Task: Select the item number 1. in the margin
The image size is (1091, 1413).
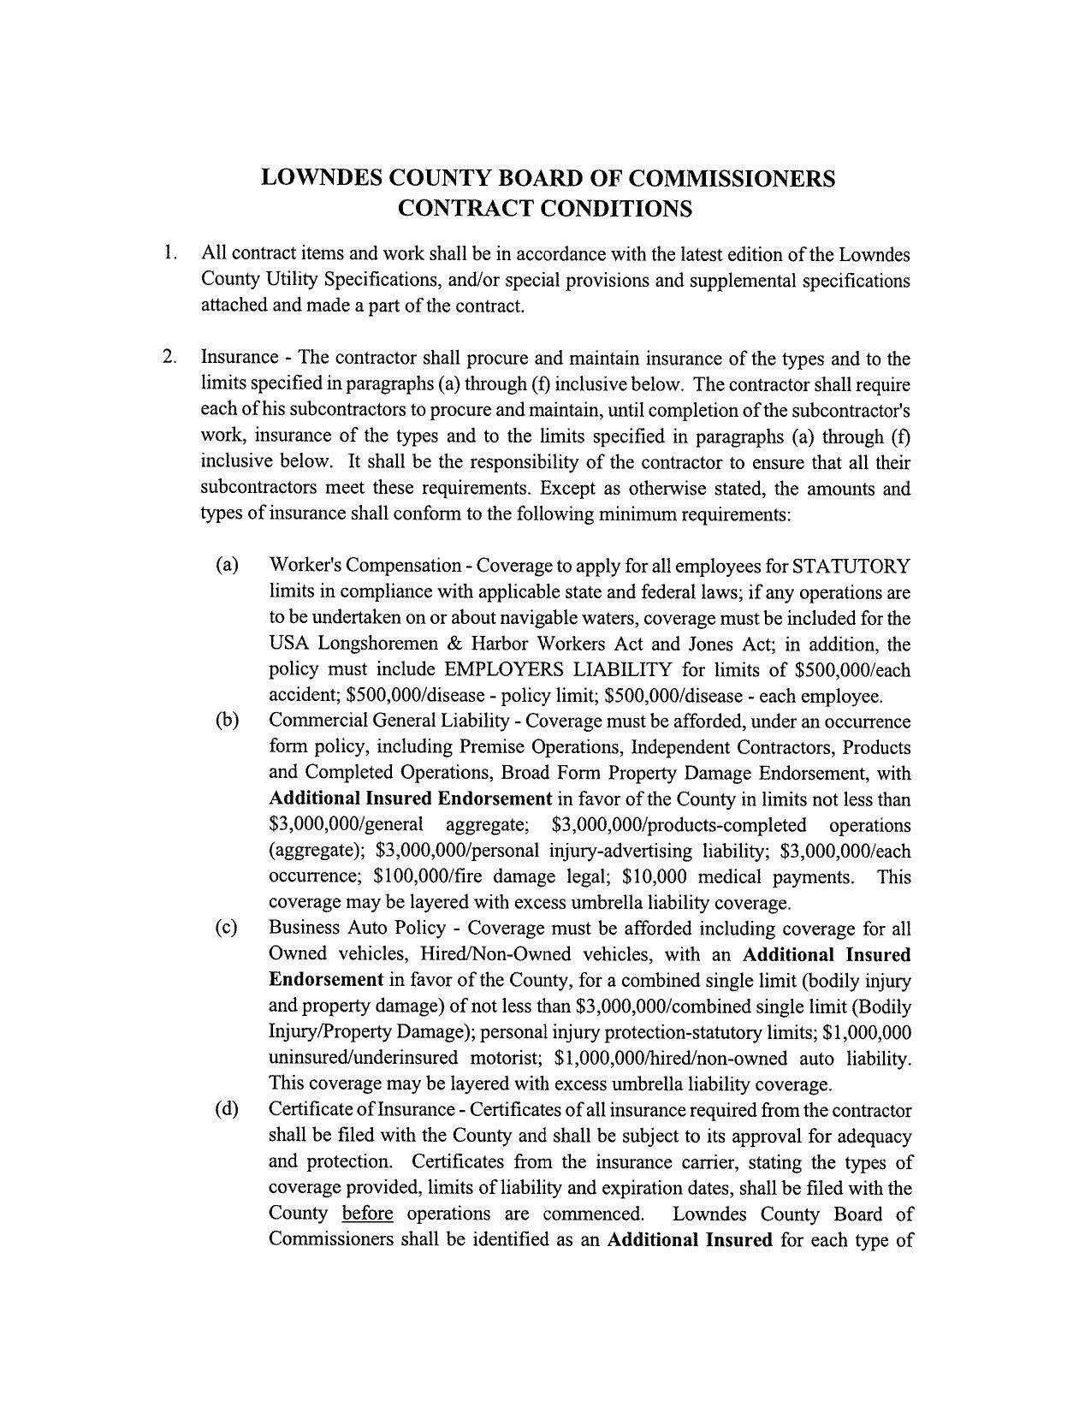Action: [x=171, y=253]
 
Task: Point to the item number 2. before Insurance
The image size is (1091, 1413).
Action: [x=171, y=357]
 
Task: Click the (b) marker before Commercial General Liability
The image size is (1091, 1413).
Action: [x=227, y=721]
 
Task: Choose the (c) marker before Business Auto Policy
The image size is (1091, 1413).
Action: [x=227, y=929]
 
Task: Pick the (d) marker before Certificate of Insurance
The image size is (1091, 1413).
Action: [x=227, y=1110]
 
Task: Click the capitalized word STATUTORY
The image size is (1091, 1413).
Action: [x=851, y=567]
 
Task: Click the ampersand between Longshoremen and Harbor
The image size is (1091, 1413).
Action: [x=454, y=644]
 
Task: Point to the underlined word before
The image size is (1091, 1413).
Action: [x=367, y=1214]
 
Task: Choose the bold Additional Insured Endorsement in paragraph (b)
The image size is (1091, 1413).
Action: [x=410, y=799]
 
